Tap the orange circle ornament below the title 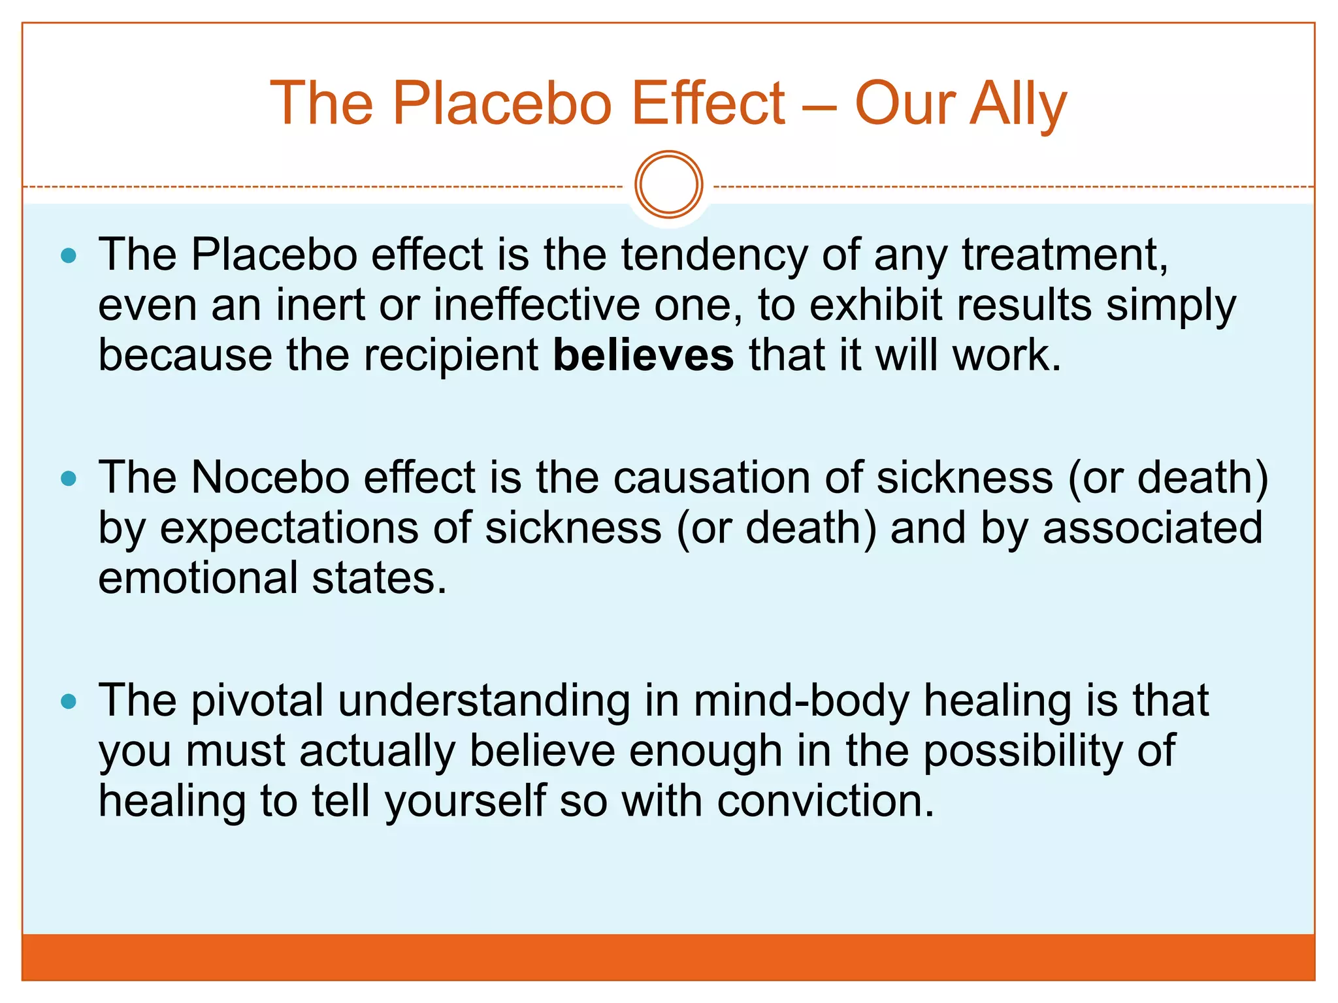coord(668,185)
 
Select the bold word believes coord(643,356)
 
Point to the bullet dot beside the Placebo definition coord(69,255)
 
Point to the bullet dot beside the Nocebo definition coord(69,479)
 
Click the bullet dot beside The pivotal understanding coord(69,702)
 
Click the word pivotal coord(257,701)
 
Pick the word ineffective coord(536,305)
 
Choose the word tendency coord(713,255)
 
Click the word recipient coord(451,356)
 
